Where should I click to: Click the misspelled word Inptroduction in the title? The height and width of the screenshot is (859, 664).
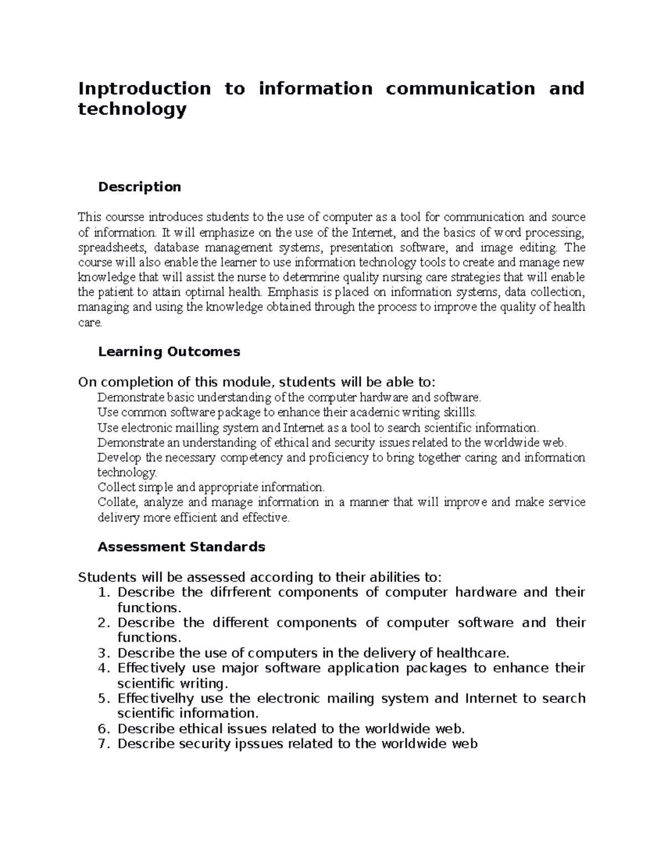point(144,88)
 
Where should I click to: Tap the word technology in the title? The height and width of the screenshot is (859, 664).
point(132,110)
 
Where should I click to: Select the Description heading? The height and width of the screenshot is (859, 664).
point(139,187)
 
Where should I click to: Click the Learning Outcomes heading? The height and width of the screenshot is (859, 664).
point(169,352)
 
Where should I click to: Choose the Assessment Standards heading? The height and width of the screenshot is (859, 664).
point(181,547)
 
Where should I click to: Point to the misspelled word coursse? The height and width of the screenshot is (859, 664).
point(123,217)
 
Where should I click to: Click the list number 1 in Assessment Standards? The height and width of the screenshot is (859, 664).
point(102,592)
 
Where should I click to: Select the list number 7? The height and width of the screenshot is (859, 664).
point(102,743)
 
